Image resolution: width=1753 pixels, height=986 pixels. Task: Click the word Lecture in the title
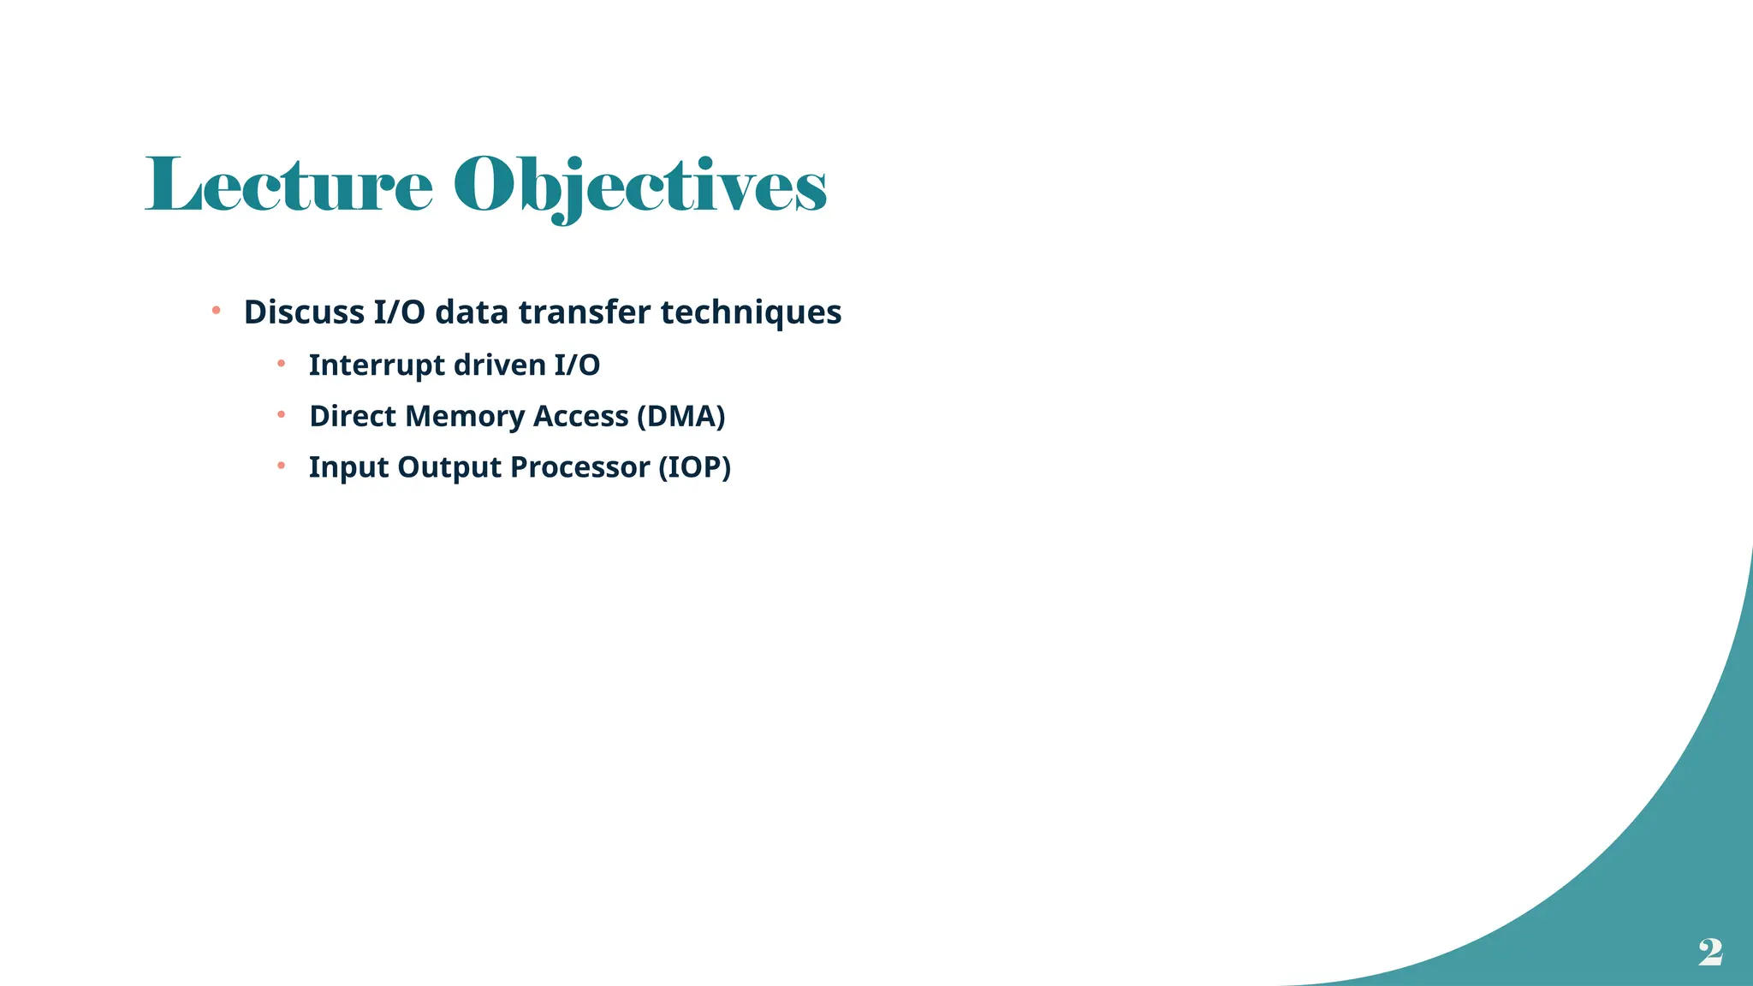pyautogui.click(x=289, y=185)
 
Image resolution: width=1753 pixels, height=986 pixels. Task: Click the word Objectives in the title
pyautogui.click(x=639, y=187)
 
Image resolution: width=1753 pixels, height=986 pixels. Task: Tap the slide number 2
pyautogui.click(x=1710, y=952)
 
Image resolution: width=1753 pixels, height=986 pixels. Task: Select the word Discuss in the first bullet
pyautogui.click(x=304, y=312)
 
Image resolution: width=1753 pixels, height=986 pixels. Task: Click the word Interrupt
pyautogui.click(x=377, y=365)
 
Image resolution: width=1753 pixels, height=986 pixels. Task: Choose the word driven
pyautogui.click(x=499, y=365)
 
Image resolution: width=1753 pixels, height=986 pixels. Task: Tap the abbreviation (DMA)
pyautogui.click(x=680, y=417)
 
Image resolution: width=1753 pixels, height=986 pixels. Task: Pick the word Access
pyautogui.click(x=580, y=417)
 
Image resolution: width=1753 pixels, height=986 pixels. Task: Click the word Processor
pyautogui.click(x=579, y=468)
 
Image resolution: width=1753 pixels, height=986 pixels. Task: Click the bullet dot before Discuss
pyautogui.click(x=217, y=310)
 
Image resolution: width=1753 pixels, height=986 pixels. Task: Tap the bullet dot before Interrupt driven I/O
pyautogui.click(x=281, y=364)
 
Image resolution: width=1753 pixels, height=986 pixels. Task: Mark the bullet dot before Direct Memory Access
pyautogui.click(x=281, y=415)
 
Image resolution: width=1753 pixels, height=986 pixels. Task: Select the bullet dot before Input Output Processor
pyautogui.click(x=281, y=466)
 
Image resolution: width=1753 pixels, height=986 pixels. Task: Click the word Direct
pyautogui.click(x=353, y=417)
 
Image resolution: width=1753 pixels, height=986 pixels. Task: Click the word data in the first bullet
pyautogui.click(x=472, y=312)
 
